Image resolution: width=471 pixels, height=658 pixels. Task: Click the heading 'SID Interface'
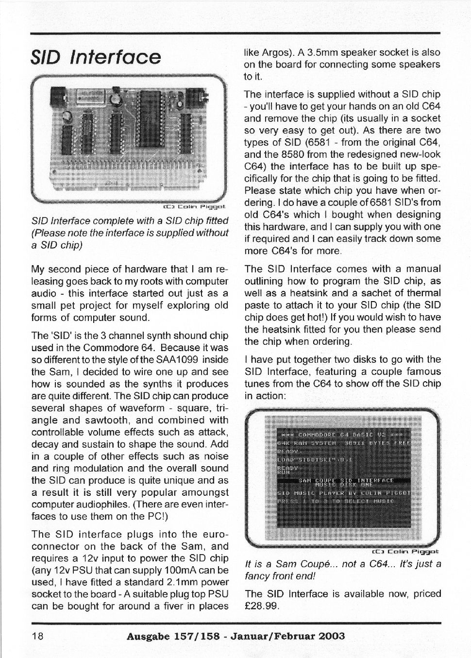(96, 57)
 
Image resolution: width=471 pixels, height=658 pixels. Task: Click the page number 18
(37, 636)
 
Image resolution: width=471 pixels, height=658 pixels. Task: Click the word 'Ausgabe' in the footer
(147, 636)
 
